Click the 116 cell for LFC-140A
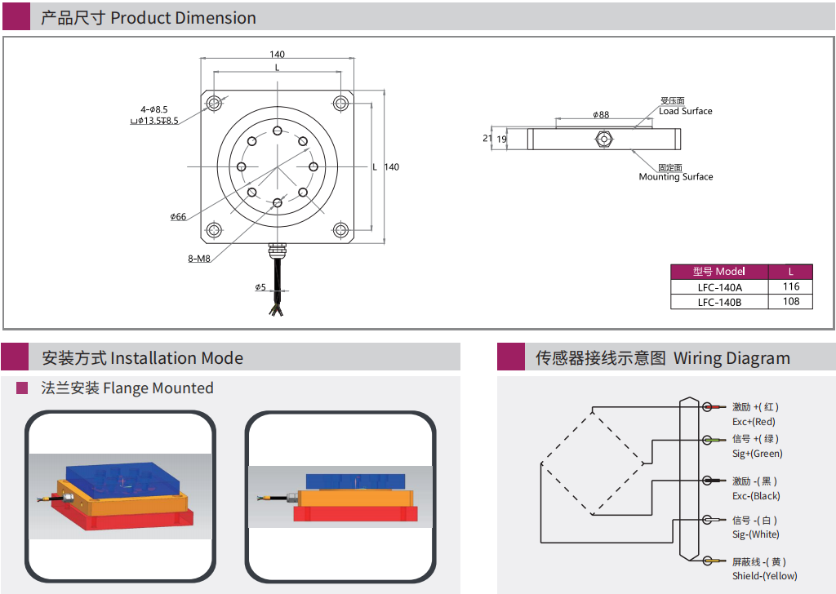click(x=790, y=286)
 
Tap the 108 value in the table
click(x=790, y=302)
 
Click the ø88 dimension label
click(x=601, y=115)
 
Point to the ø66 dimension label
click(x=178, y=216)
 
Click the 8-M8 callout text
click(x=199, y=259)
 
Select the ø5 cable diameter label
click(x=260, y=287)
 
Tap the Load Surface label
click(x=685, y=111)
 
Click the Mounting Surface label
click(x=675, y=177)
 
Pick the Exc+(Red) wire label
click(x=754, y=422)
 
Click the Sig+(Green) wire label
click(x=757, y=454)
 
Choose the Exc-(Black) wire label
click(x=755, y=496)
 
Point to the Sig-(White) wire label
click(x=755, y=534)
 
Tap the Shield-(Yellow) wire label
click(x=764, y=576)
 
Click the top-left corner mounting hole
click(x=214, y=103)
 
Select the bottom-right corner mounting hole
click(x=341, y=230)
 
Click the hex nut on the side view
click(x=603, y=140)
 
